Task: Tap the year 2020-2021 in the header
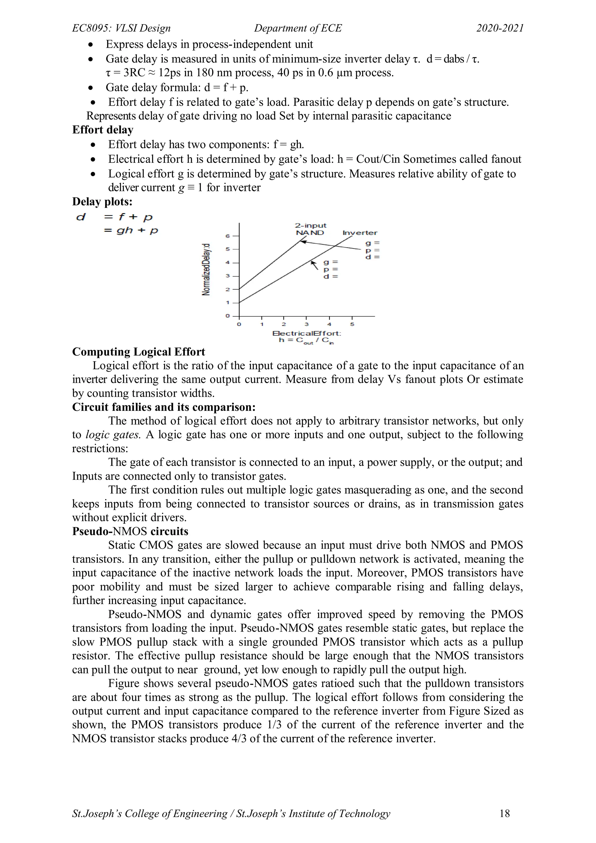[x=500, y=28]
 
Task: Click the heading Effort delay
[x=103, y=130]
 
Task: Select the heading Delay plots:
[x=102, y=201]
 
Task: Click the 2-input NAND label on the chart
[x=311, y=229]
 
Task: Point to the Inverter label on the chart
[x=360, y=233]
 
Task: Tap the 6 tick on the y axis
[x=228, y=236]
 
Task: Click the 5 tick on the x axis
[x=352, y=324]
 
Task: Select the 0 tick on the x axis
[x=239, y=324]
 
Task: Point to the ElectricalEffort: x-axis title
[x=307, y=333]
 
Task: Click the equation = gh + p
[x=131, y=231]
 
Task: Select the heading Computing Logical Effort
[x=138, y=352]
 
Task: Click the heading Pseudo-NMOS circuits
[x=130, y=531]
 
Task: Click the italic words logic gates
[x=113, y=435]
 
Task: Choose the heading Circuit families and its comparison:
[x=164, y=407]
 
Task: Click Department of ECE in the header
[x=298, y=28]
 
